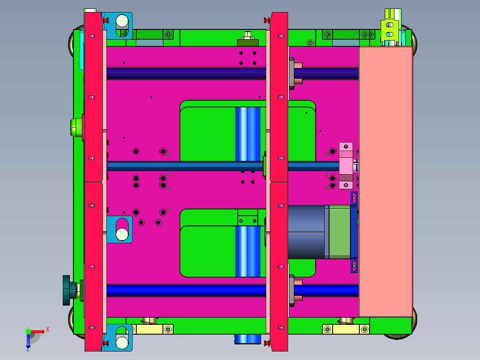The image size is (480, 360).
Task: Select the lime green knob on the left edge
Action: click(77, 127)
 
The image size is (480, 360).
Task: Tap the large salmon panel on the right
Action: click(386, 182)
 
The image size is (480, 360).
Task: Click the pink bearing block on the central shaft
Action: click(346, 165)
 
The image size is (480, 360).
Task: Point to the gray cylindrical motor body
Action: click(306, 232)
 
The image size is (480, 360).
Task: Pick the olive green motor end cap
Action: click(339, 232)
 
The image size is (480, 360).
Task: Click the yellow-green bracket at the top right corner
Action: click(391, 28)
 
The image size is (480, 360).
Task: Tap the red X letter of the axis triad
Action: click(48, 330)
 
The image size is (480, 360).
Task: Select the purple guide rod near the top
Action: click(232, 73)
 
